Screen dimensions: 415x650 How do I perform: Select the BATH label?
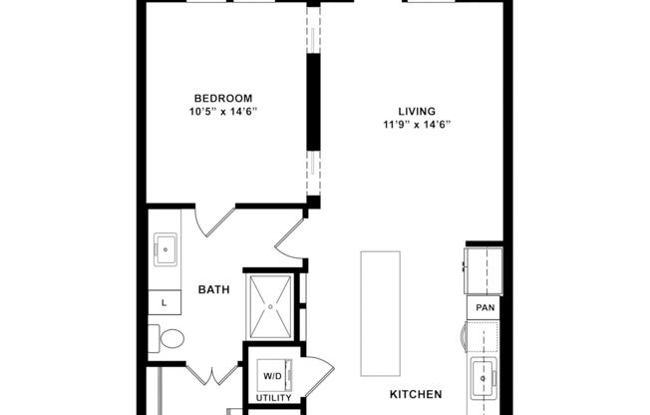click(213, 290)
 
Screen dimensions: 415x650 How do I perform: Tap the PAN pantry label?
click(485, 308)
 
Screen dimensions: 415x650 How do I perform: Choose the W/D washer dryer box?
click(272, 376)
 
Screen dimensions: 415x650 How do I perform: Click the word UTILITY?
click(272, 397)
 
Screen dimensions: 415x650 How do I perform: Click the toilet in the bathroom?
click(167, 339)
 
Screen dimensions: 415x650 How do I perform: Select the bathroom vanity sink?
click(164, 250)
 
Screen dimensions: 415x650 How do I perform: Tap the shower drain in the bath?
click(270, 306)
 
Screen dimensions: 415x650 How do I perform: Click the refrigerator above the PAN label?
click(483, 268)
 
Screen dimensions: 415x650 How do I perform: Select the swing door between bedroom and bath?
click(213, 221)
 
